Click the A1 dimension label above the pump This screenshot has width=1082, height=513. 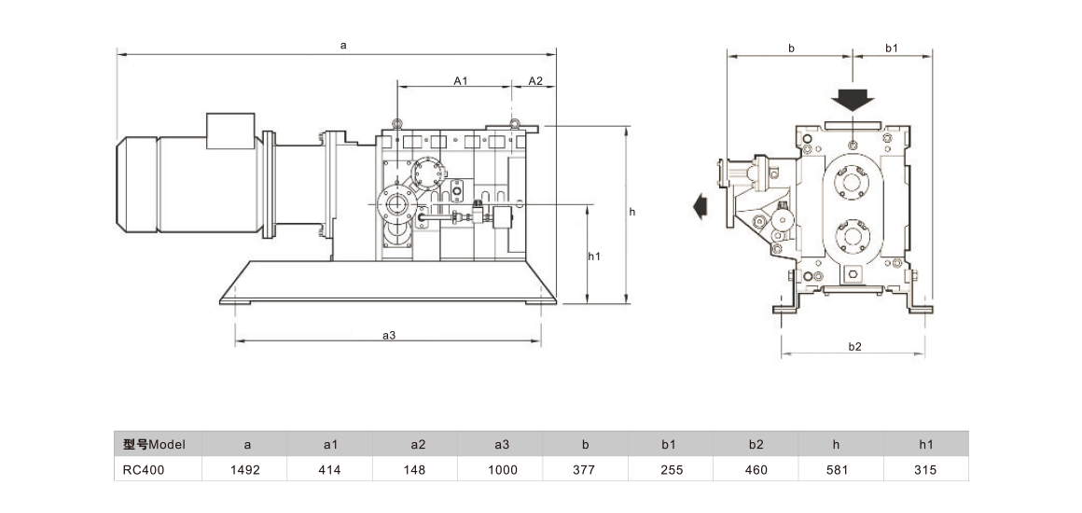[x=460, y=81]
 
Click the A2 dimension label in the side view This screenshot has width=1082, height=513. [x=535, y=81]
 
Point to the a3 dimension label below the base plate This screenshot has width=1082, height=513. [x=389, y=336]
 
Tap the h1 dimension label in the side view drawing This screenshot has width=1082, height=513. [x=594, y=256]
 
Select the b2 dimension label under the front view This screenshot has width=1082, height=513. [x=854, y=346]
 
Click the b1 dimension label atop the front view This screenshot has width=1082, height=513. [x=891, y=48]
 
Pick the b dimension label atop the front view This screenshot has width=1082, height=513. [x=791, y=48]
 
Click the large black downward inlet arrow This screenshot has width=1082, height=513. [x=853, y=98]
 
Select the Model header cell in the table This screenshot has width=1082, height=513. [x=157, y=444]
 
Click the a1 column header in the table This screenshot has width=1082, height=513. [x=330, y=444]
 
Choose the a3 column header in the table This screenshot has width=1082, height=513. [x=501, y=444]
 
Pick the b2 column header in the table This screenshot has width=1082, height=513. [x=756, y=444]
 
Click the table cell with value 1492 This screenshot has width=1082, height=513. [x=245, y=469]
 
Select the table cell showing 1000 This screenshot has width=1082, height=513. [x=501, y=469]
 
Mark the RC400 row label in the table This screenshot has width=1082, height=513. [x=142, y=469]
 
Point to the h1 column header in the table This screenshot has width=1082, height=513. [x=926, y=444]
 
